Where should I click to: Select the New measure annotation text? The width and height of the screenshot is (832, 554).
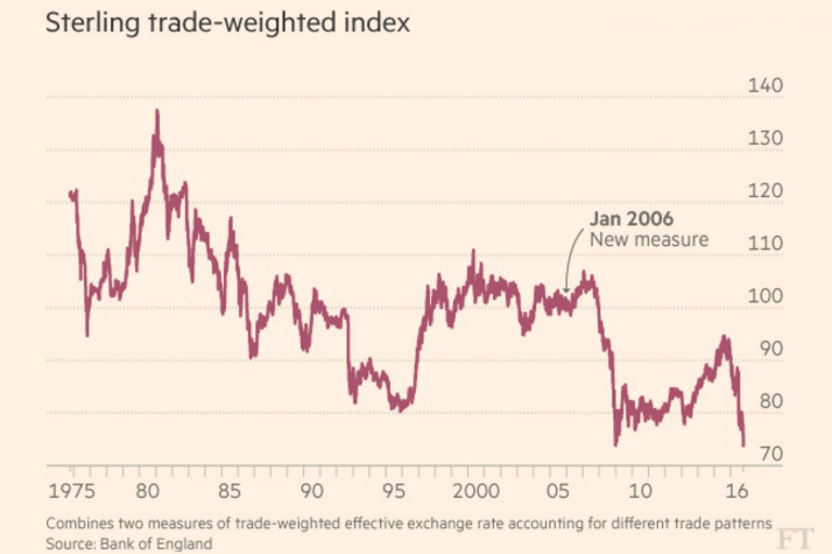point(649,239)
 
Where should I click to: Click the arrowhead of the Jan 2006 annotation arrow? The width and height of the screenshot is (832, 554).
point(566,291)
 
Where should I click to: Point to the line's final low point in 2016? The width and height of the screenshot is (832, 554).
point(744,446)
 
